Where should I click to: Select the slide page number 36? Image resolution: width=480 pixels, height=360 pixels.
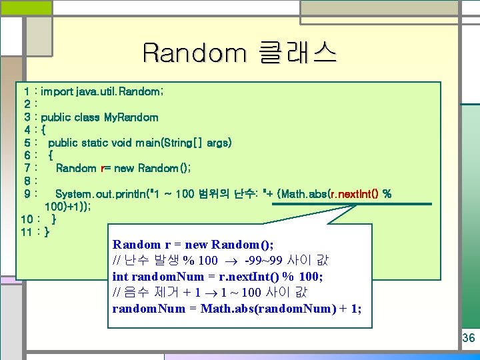[x=469, y=338]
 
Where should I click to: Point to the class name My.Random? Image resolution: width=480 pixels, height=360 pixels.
[x=131, y=117]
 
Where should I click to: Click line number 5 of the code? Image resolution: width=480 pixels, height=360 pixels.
[x=25, y=143]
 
